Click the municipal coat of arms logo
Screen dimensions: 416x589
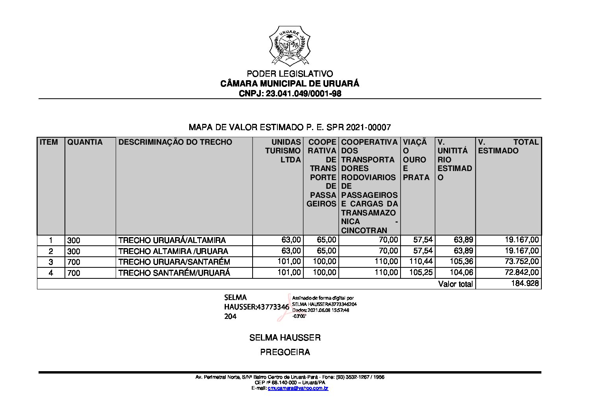coord(290,46)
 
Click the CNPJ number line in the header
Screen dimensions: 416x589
coord(290,94)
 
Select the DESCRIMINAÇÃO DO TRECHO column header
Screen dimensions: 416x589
coord(175,142)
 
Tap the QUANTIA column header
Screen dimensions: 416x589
coord(85,142)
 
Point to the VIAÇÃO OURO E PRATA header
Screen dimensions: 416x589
coord(416,160)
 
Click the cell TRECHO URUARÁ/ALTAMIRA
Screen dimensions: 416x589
coord(172,240)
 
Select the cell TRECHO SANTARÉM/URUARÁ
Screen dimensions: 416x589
coord(174,272)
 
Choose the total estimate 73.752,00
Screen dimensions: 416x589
coord(522,261)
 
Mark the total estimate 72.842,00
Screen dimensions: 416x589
coord(522,272)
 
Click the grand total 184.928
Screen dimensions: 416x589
coord(525,283)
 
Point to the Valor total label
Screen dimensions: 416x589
coord(455,284)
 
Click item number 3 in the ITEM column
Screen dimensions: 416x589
coord(51,262)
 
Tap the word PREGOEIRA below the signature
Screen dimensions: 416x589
coord(285,352)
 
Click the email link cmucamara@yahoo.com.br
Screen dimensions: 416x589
coord(298,388)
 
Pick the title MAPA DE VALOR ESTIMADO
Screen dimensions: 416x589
coord(290,127)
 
